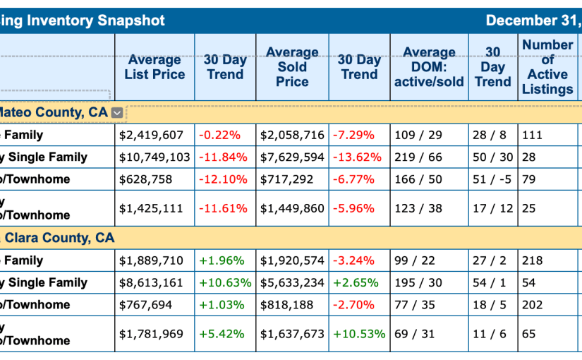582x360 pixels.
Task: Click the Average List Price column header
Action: pos(154,67)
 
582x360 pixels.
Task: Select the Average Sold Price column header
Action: pos(292,67)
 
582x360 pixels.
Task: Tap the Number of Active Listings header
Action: pos(547,67)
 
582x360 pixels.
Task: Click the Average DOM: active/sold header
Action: pos(429,67)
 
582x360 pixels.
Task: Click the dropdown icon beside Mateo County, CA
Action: pos(117,112)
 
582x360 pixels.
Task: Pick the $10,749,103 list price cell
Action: pos(154,157)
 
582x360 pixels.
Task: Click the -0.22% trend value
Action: pos(219,135)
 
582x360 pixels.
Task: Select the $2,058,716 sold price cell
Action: pos(292,135)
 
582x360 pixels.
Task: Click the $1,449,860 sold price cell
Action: pos(292,208)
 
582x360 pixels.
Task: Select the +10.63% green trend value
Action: pos(225,283)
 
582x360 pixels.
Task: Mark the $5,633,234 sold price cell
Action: pos(292,283)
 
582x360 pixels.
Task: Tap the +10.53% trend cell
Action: pos(359,334)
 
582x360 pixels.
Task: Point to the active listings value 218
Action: pos(533,260)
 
